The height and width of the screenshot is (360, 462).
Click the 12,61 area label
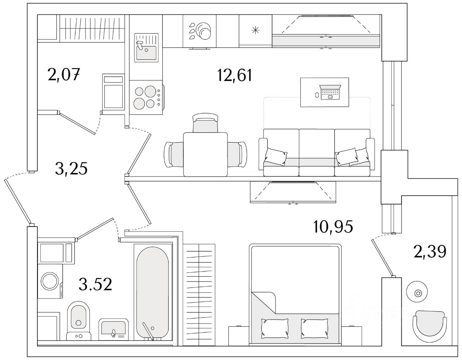click(234, 75)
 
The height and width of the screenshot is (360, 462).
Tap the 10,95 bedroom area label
click(333, 227)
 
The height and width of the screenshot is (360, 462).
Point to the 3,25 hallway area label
click(71, 168)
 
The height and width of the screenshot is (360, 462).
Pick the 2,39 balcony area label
click(430, 251)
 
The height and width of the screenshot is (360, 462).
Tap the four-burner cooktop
click(146, 97)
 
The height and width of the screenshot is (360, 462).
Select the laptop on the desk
click(330, 92)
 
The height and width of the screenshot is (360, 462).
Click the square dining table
click(205, 154)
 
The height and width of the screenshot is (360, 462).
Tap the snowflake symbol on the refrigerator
click(255, 30)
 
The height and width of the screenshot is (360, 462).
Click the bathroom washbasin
click(113, 329)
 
